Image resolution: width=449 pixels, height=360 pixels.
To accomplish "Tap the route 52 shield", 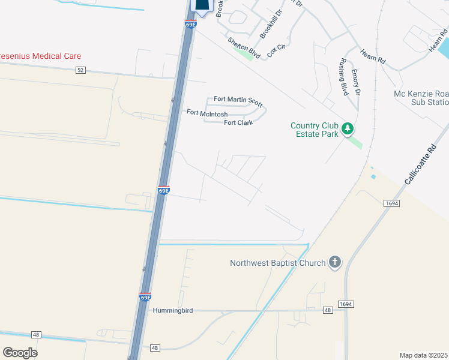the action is point(81,70).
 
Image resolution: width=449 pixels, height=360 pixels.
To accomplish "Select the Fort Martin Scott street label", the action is point(238,100).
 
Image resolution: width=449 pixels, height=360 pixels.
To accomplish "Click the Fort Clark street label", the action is point(238,123).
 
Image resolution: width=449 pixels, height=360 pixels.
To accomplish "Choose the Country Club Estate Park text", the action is point(314,130).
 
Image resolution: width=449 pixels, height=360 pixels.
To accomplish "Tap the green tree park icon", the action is point(347,128).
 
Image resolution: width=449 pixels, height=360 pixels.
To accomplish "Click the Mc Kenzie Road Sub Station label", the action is point(421,98).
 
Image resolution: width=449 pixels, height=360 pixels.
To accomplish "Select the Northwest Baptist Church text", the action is point(278,263).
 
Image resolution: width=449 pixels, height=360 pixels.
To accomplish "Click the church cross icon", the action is point(335,262).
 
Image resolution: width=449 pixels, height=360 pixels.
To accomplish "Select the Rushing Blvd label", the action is point(343,77).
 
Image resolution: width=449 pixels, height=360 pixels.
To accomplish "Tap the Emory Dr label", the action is point(355,83).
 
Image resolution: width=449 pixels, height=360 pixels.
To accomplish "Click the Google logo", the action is point(20,353).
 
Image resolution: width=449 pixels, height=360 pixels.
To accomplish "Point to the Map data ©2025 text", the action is point(423,355).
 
